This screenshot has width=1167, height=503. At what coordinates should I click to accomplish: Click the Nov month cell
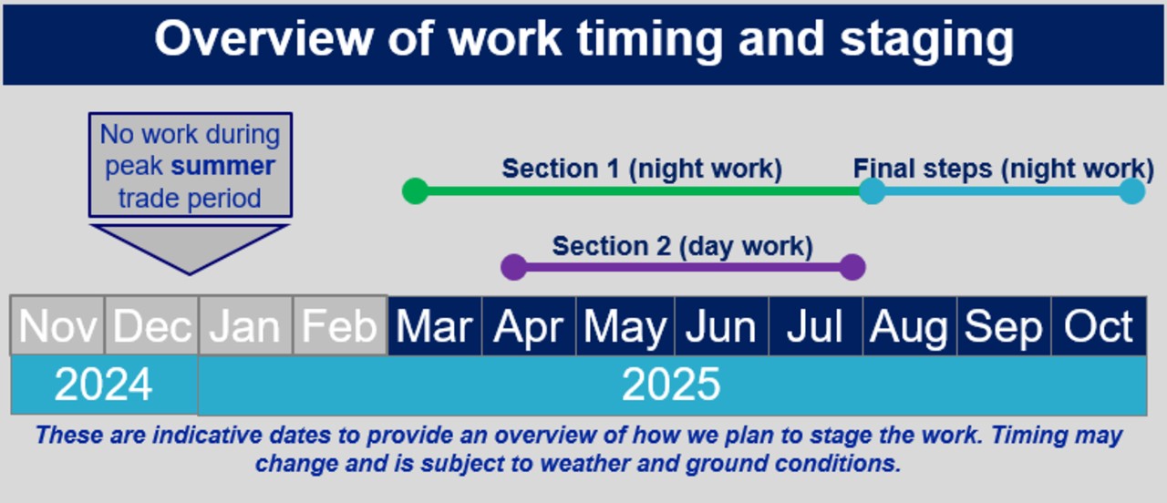[57, 326]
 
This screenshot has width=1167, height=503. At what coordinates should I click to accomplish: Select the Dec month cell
[151, 326]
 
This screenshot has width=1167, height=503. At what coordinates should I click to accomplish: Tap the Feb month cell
[340, 326]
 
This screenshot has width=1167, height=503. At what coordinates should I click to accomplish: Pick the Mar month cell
[435, 326]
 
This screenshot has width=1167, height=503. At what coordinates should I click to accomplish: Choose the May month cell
[625, 326]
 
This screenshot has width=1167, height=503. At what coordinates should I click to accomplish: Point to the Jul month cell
[815, 326]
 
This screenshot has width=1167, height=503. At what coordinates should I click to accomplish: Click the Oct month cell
[1099, 326]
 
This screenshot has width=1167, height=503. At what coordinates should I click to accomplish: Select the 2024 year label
[103, 385]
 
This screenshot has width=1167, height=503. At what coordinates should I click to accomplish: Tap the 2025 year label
[671, 385]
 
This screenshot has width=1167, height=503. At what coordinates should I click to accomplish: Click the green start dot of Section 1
[415, 191]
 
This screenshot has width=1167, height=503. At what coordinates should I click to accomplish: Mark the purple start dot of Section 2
[513, 267]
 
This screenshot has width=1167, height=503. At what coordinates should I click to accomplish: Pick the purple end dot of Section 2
[852, 267]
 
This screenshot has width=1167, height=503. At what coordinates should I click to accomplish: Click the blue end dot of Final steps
[1132, 191]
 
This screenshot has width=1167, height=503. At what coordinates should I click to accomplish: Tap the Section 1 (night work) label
[642, 169]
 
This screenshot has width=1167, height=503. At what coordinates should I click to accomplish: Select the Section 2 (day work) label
[683, 246]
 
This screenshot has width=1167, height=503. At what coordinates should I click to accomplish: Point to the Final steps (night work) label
[1004, 169]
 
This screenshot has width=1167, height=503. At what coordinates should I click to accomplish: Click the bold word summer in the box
[223, 166]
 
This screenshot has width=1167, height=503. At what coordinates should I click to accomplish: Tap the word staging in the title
[927, 40]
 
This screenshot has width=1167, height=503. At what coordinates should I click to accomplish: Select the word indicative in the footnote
[207, 435]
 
